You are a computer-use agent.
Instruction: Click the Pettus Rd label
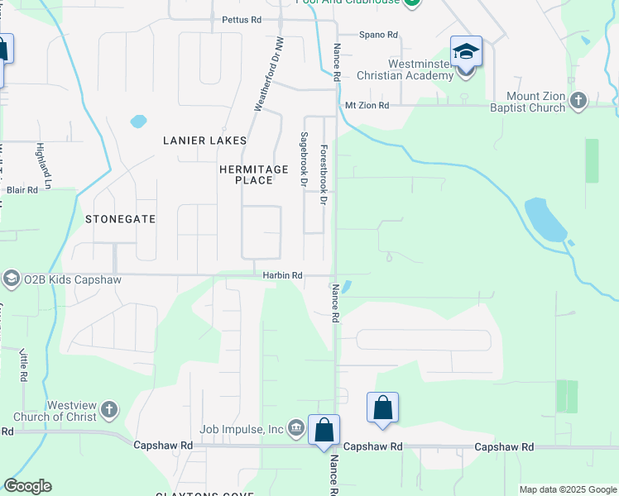242,19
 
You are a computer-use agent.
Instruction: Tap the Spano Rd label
379,36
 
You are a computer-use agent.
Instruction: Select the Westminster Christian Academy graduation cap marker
466,52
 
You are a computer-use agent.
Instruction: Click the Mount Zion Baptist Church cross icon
578,101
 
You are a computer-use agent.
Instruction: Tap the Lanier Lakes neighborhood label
204,141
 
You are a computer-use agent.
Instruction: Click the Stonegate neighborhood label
120,219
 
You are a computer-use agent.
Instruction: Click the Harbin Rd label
282,275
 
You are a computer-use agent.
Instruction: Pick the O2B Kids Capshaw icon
12,279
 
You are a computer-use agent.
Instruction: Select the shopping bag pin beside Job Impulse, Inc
324,430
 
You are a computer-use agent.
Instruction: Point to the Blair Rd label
22,190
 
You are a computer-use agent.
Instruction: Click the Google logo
28,486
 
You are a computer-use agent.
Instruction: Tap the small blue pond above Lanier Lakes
138,121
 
